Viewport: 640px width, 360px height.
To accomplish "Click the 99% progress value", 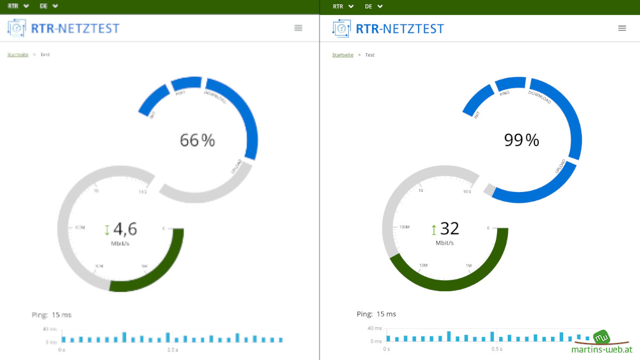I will point(522,140).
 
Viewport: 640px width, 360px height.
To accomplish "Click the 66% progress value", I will point(197,140).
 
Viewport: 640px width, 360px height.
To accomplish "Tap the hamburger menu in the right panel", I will point(622,28).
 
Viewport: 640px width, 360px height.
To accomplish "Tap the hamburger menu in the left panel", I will point(298,28).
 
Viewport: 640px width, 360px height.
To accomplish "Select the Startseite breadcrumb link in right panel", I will point(343,55).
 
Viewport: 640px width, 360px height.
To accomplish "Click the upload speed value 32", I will point(450,228).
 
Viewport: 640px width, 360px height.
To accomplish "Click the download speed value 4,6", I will point(125,229).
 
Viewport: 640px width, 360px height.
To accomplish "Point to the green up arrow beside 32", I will point(434,230).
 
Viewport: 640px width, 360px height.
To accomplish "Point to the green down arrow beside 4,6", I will point(107,230).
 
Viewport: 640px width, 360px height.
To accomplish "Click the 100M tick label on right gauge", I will point(404,227).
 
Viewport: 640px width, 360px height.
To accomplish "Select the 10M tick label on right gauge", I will point(423,265).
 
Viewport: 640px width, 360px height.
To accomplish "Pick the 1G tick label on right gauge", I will point(421,190).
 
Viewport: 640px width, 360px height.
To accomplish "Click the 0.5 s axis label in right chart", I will point(497,349).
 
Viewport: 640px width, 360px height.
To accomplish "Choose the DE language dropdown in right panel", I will point(373,6).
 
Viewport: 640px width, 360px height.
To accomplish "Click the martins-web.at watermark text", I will point(602,350).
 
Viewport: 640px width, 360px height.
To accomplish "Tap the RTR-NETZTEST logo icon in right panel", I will point(341,28).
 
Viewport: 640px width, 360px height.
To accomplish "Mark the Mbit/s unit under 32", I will point(445,243).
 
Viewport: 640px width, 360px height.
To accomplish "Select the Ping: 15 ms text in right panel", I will point(377,314).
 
